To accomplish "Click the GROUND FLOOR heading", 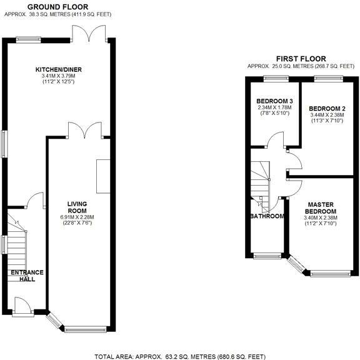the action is pyautogui.click(x=57, y=7).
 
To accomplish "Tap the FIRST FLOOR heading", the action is pyautogui.click(x=301, y=59).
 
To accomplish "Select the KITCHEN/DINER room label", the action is pyautogui.click(x=59, y=69).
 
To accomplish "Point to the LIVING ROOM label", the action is pyautogui.click(x=77, y=207).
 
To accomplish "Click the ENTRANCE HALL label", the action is pyautogui.click(x=27, y=276).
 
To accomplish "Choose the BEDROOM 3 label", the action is pyautogui.click(x=274, y=101).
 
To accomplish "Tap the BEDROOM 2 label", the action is pyautogui.click(x=327, y=108).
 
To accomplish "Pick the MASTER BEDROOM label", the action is pyautogui.click(x=321, y=207).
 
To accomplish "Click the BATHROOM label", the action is pyautogui.click(x=267, y=216).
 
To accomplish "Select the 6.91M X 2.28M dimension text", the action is pyautogui.click(x=77, y=217).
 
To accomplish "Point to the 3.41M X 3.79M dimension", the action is pyautogui.click(x=59, y=76).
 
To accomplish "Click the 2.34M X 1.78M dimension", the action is pyautogui.click(x=274, y=107).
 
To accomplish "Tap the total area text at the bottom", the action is pyautogui.click(x=180, y=356).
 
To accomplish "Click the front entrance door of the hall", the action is pyautogui.click(x=23, y=306).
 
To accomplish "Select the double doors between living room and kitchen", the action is pyautogui.click(x=85, y=131).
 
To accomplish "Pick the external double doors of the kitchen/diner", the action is pyautogui.click(x=89, y=34).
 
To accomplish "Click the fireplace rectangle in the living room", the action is pyautogui.click(x=103, y=176).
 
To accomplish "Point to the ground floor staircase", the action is pyautogui.click(x=16, y=248).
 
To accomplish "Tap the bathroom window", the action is pyautogui.click(x=267, y=256).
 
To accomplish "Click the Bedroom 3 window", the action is pyautogui.click(x=276, y=79).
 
